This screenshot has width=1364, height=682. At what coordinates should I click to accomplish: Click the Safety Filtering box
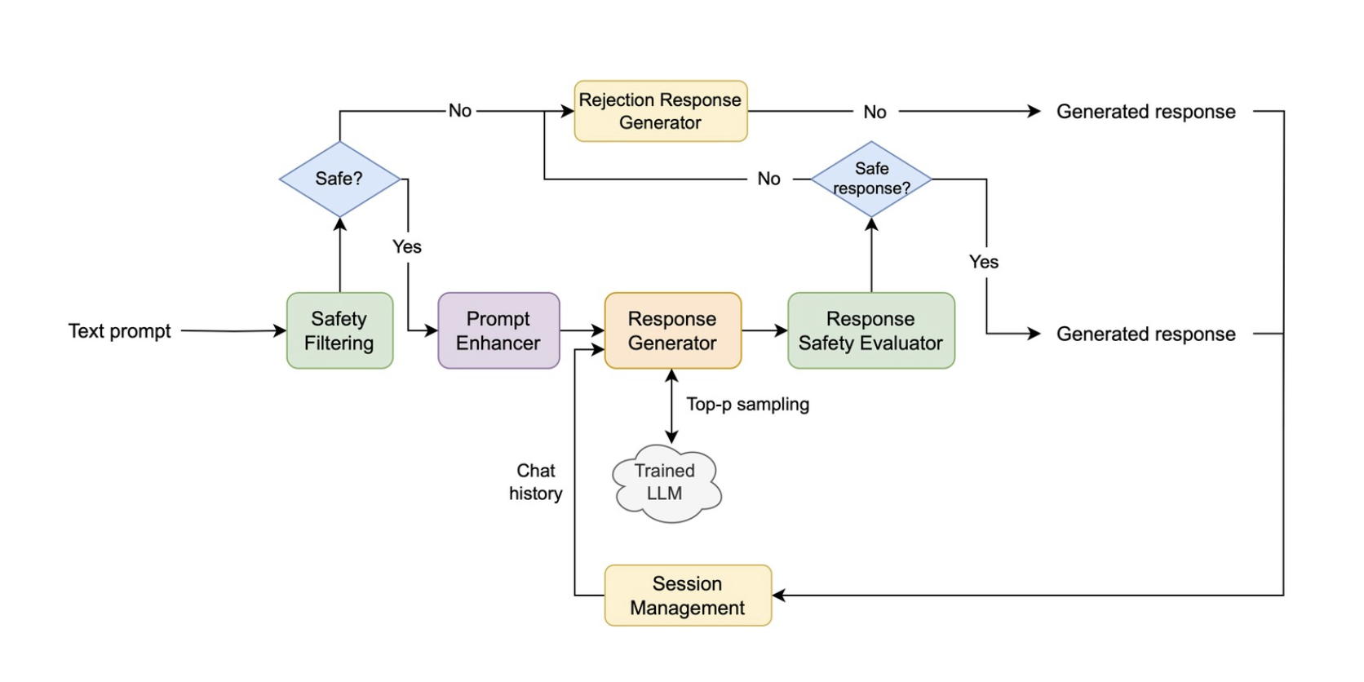(x=339, y=330)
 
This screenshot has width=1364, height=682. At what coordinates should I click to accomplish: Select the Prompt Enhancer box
(x=498, y=330)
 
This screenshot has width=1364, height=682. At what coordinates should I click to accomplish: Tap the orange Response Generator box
(x=672, y=330)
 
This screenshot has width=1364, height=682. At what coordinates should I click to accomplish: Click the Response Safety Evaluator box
(x=870, y=330)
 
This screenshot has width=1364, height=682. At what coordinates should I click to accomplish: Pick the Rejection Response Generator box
(x=660, y=111)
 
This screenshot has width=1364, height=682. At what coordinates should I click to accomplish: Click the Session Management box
(x=687, y=596)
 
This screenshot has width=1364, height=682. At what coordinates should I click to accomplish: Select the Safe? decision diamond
(x=339, y=179)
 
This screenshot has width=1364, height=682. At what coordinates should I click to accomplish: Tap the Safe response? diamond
(x=871, y=179)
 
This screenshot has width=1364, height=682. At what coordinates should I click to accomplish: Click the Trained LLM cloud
(x=666, y=483)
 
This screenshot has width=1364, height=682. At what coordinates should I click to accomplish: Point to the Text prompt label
(x=119, y=331)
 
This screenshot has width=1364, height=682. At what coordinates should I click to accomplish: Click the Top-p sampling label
(x=747, y=405)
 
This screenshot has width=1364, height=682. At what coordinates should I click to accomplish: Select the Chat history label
(x=535, y=482)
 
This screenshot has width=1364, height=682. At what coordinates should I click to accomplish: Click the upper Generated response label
(x=1145, y=112)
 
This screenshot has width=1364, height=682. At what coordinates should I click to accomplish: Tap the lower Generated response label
(x=1145, y=334)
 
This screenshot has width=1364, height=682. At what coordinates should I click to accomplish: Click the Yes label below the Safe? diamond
(x=406, y=247)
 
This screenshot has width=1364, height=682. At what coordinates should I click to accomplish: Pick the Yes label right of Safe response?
(x=983, y=262)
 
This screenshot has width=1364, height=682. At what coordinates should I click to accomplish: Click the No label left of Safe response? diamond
(x=768, y=179)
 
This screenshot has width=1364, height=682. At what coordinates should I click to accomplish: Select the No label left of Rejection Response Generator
(x=460, y=111)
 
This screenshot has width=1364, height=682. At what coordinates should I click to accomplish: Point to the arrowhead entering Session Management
(x=778, y=596)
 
